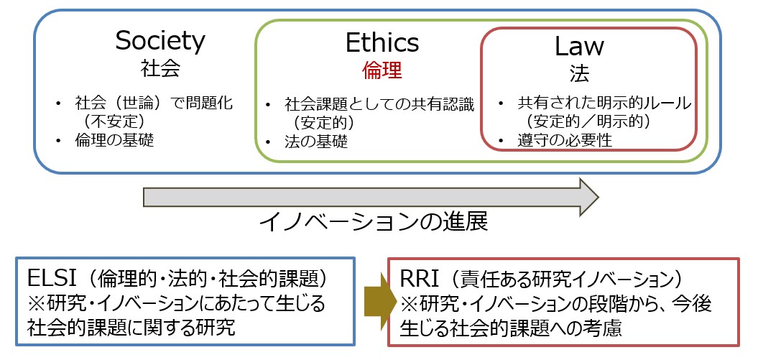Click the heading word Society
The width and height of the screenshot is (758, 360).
[160, 42]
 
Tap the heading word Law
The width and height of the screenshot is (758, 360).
[579, 46]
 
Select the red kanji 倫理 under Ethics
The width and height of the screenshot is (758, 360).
[382, 70]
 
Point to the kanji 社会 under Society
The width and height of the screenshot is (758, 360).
[160, 68]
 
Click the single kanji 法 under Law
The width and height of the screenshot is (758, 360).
[579, 73]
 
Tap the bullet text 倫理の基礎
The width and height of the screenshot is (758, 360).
[114, 139]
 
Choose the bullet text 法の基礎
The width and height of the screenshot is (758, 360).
[316, 142]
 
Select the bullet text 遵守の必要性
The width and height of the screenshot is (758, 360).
[565, 140]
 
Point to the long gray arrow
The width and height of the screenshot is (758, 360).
[371, 197]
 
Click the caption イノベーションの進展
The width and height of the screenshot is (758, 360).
[373, 222]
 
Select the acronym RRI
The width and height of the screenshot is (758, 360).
[419, 280]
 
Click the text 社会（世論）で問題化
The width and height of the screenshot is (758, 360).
[154, 103]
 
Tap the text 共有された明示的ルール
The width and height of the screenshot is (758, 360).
[604, 103]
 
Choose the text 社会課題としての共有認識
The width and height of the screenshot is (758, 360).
[379, 103]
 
